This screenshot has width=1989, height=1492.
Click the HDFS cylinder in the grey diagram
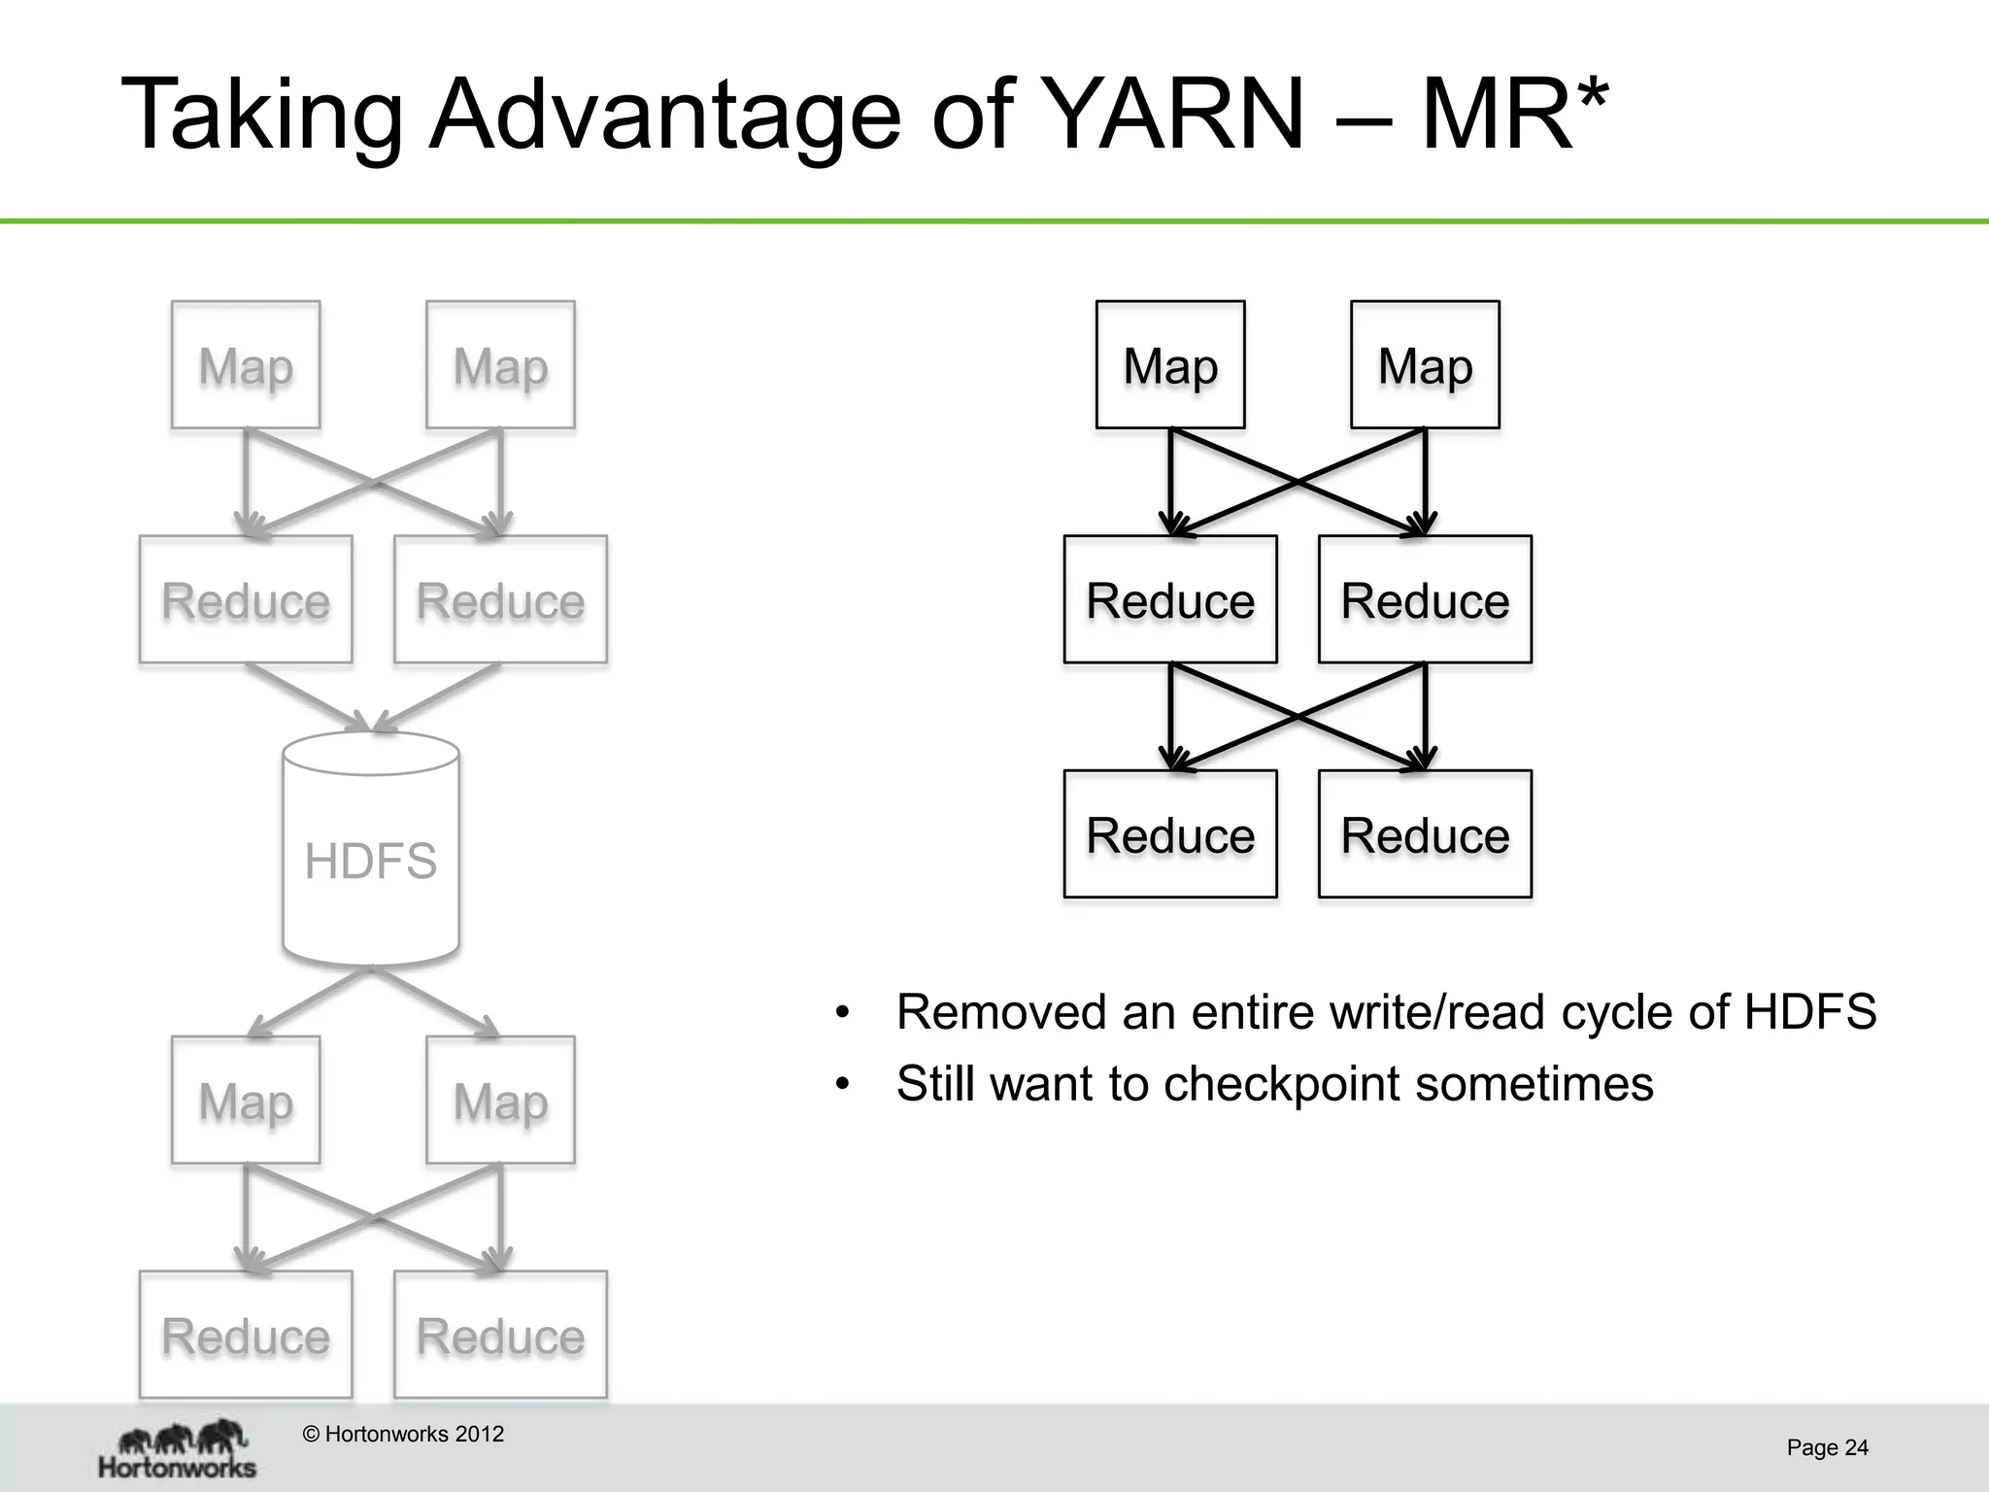click(371, 851)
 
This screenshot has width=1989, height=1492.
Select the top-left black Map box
click(1170, 364)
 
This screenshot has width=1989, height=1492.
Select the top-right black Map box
click(1425, 364)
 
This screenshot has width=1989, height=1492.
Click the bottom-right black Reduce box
click(1425, 833)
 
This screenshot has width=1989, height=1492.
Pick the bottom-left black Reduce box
click(1170, 833)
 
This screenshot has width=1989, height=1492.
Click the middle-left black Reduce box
click(1170, 599)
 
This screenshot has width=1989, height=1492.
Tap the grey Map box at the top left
click(246, 364)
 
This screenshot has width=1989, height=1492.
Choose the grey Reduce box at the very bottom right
click(500, 1334)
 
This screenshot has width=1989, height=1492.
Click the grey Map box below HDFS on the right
click(500, 1100)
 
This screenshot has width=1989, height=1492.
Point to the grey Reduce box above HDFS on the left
click(246, 599)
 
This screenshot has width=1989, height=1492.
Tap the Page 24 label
click(1827, 1447)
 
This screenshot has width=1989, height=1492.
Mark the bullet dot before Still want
click(842, 1084)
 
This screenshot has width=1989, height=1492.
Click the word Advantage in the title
click(665, 115)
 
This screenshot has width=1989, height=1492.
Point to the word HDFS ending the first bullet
click(1809, 1012)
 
